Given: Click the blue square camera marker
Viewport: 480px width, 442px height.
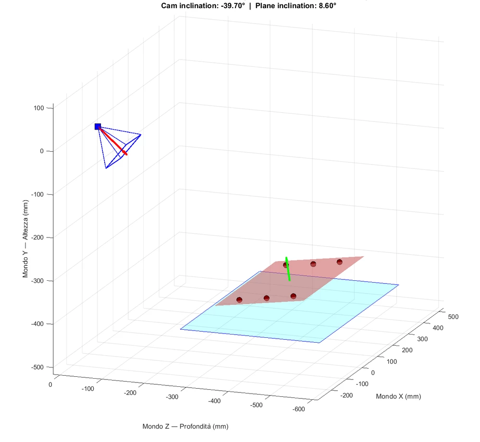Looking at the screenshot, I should click(x=98, y=127).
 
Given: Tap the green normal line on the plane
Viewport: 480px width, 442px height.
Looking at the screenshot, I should click(x=288, y=269).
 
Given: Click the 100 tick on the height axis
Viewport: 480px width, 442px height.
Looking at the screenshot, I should click(x=38, y=108).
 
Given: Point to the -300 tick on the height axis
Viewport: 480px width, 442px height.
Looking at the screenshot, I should click(x=37, y=281).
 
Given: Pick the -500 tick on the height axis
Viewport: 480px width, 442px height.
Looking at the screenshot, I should click(x=37, y=367).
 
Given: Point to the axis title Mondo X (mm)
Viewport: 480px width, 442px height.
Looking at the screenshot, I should click(x=398, y=396).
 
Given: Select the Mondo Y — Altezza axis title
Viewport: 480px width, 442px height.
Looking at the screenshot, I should click(x=25, y=239).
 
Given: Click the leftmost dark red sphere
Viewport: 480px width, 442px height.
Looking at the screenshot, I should click(x=239, y=300).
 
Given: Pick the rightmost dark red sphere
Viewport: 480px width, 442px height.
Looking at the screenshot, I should click(x=340, y=262).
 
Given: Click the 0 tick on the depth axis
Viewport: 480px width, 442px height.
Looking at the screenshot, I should click(x=49, y=384).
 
